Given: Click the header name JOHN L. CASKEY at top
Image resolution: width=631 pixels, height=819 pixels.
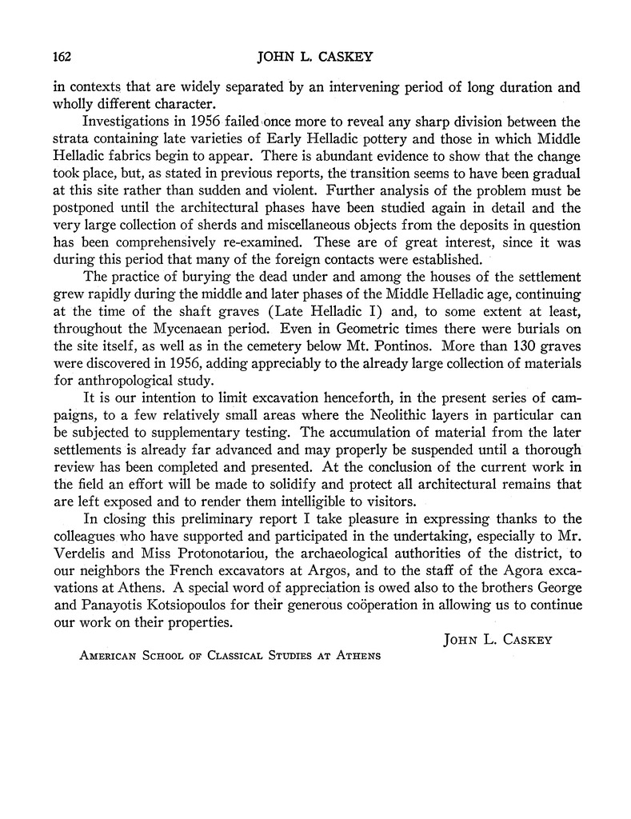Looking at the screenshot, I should [x=316, y=57].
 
